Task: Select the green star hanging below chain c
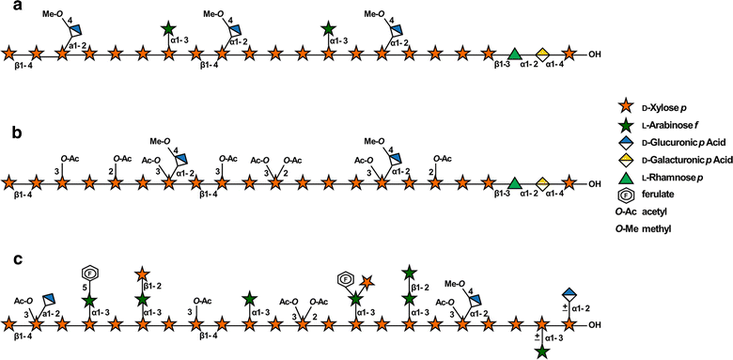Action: tap(542, 352)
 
